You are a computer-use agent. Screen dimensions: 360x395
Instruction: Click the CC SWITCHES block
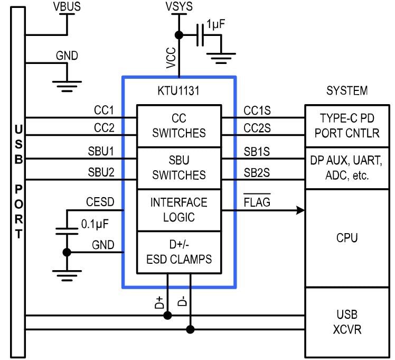179,126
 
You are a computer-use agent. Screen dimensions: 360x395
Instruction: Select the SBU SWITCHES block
179,168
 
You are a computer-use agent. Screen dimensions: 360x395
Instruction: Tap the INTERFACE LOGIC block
179,210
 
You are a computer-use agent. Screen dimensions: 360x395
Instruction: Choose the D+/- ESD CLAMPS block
179,252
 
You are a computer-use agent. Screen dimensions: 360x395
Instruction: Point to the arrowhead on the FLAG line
301,210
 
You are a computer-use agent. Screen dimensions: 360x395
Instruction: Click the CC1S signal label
257,110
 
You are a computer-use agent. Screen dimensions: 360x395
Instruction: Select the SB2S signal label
257,172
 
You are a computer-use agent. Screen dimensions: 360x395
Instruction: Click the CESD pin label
100,202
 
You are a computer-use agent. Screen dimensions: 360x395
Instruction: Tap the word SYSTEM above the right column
346,90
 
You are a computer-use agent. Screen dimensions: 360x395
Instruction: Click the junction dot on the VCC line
179,35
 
